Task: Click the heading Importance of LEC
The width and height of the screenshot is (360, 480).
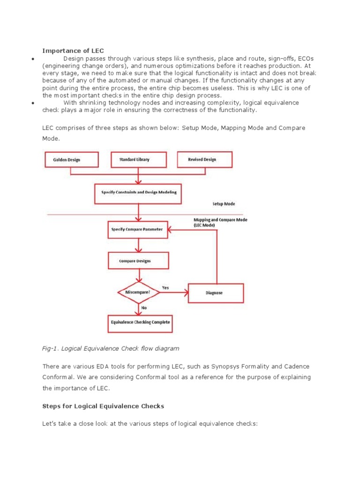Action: (73, 50)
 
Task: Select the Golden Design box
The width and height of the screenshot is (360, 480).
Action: (71, 159)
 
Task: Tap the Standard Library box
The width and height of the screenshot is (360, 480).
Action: (138, 159)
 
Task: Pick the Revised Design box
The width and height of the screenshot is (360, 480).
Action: (204, 159)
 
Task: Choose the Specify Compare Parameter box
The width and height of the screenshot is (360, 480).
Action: (138, 230)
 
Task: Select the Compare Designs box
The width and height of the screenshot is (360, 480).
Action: (137, 261)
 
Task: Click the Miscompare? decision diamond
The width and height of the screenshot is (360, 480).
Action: (138, 292)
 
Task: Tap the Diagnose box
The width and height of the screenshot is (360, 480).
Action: (215, 293)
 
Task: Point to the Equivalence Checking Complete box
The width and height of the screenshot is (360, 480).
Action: (141, 322)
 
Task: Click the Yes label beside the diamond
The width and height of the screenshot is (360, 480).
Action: (165, 287)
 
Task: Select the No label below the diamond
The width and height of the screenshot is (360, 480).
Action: (144, 308)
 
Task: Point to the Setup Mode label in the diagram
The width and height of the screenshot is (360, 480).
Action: (224, 204)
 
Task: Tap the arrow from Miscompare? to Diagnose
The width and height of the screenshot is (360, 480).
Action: (173, 292)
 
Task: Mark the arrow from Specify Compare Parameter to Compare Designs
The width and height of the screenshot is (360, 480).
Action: (138, 245)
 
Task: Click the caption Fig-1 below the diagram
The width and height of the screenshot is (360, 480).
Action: (111, 348)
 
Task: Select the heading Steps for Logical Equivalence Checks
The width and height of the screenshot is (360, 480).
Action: (103, 405)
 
